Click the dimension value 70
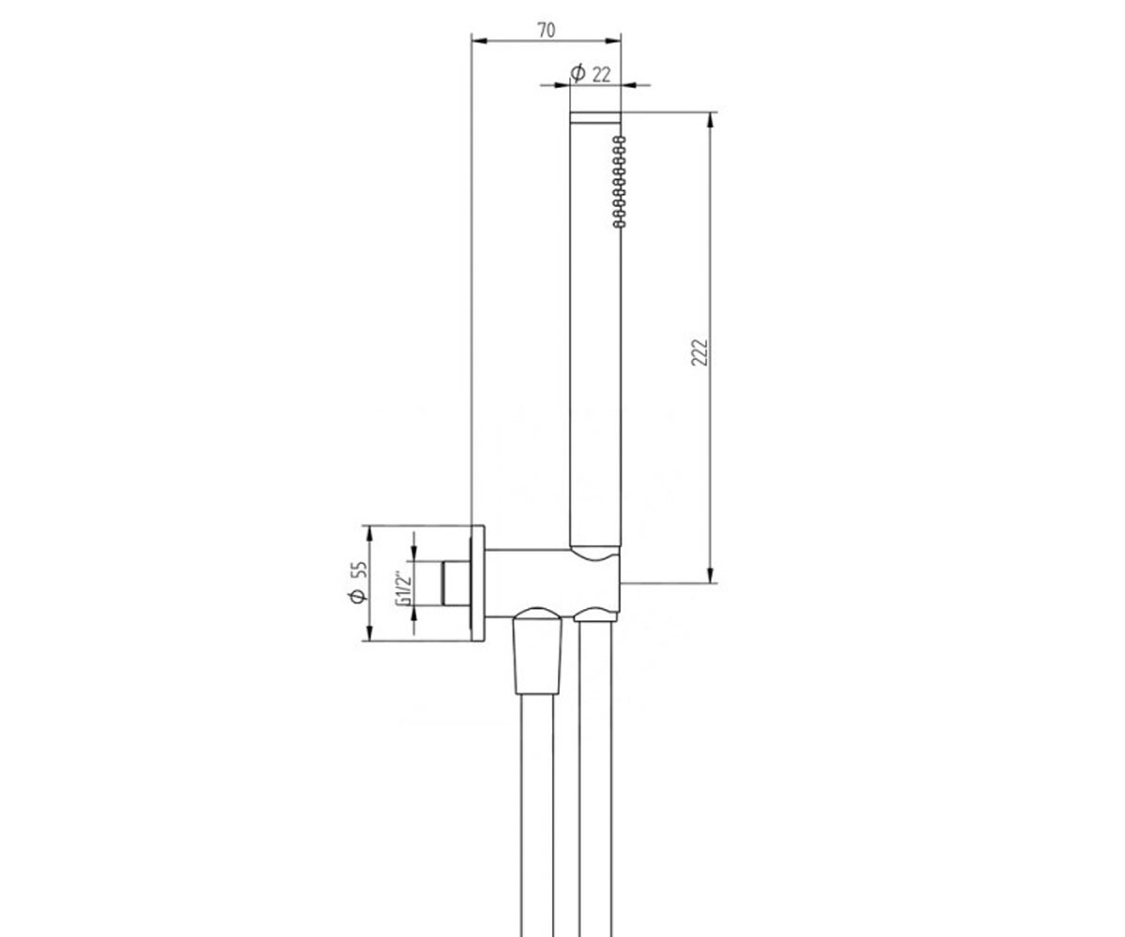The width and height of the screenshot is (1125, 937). click(546, 30)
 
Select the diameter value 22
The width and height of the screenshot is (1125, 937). click(601, 74)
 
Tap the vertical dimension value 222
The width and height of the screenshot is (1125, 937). click(698, 352)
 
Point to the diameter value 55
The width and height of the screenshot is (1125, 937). click(360, 570)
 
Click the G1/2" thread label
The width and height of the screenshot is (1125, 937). click(403, 588)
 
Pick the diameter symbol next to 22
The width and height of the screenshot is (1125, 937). click(577, 73)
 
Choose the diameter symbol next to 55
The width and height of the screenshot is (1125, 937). click(358, 596)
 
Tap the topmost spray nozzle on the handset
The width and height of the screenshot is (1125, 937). click(620, 140)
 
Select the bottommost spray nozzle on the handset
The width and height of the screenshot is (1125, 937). click(620, 223)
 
